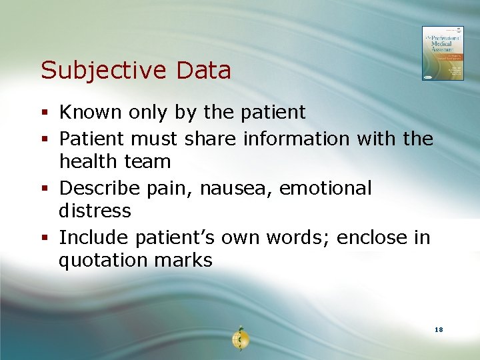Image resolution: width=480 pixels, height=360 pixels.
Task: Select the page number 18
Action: [438, 330]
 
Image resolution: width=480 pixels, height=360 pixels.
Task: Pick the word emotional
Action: [325, 189]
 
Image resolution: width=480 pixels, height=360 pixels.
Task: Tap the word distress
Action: [95, 211]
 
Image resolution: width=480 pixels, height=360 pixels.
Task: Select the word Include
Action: [94, 237]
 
